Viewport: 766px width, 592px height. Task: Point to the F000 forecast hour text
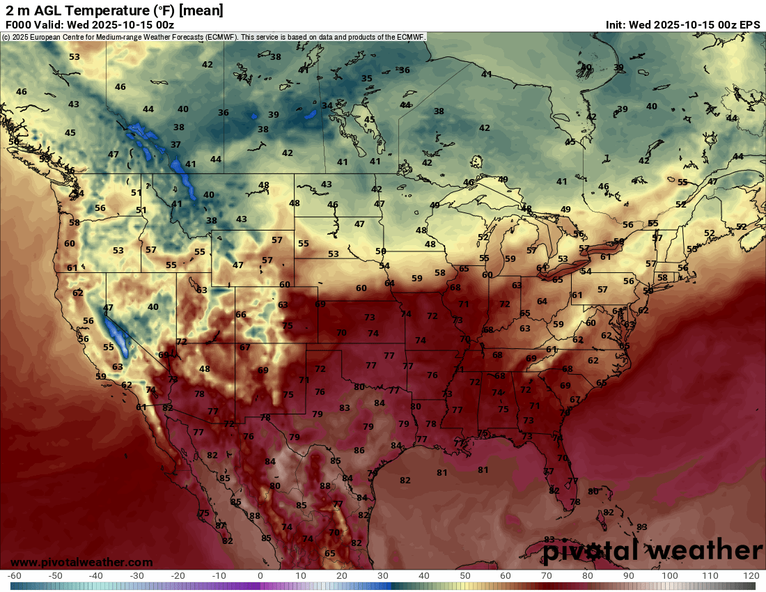point(19,24)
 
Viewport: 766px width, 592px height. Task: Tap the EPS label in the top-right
point(749,24)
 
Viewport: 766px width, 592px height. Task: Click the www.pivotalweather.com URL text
point(81,562)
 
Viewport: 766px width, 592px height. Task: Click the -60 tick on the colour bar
point(14,576)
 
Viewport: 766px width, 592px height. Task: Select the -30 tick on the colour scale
point(137,576)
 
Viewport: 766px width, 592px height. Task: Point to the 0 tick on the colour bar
point(260,576)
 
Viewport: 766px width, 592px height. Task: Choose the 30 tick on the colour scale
point(383,576)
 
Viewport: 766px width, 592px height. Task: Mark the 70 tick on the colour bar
point(547,576)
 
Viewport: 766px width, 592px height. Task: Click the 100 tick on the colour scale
point(670,576)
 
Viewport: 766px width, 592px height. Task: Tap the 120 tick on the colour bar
point(751,576)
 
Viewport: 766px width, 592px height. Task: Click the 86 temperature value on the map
point(359,451)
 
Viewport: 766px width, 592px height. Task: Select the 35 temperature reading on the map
point(367,79)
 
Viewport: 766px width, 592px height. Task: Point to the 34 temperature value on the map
point(327,106)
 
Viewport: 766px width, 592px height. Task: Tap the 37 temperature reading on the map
point(176,145)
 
